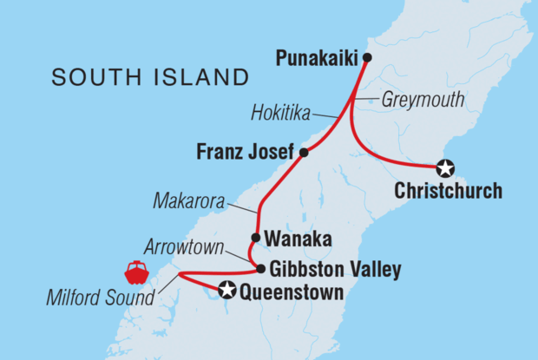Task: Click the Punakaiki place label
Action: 318,59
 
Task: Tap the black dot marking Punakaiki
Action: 367,58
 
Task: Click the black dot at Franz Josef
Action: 304,153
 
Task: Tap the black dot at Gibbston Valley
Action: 260,269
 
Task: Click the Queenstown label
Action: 291,292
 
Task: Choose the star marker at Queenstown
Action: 227,291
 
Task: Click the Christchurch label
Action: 448,191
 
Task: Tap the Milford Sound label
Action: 98,299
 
